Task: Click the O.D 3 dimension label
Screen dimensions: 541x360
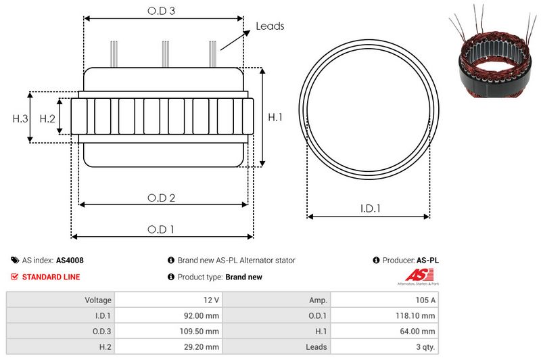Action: (x=161, y=11)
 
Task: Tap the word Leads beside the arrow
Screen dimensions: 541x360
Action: (x=270, y=26)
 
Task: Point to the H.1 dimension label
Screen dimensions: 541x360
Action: (x=275, y=117)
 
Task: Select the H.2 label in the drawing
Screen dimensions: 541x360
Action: (x=47, y=118)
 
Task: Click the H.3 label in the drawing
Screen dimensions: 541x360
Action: (x=20, y=118)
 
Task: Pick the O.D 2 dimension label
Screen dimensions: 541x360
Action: (x=161, y=198)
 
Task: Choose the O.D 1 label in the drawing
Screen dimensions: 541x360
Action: (x=161, y=229)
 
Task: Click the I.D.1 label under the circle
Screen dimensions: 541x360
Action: (x=370, y=208)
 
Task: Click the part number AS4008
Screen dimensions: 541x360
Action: (x=70, y=261)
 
